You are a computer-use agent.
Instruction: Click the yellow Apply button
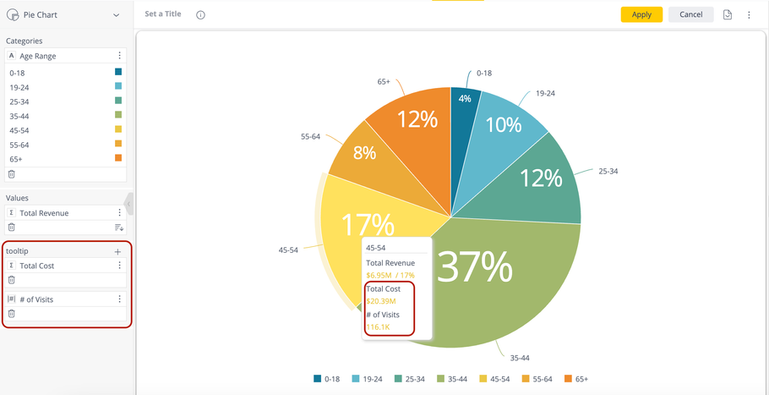click(x=641, y=14)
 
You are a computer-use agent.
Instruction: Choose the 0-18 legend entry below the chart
click(x=326, y=379)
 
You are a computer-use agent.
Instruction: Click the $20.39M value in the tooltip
click(x=380, y=301)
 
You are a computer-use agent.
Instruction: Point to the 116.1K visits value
click(x=379, y=326)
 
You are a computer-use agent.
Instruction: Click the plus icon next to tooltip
click(x=117, y=251)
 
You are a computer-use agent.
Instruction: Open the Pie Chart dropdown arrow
click(x=117, y=15)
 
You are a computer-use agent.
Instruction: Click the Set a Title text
click(x=163, y=14)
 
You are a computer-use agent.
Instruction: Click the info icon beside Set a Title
click(x=200, y=15)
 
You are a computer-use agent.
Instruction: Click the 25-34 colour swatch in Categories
click(x=118, y=101)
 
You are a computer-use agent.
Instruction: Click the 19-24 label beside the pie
click(x=545, y=94)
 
